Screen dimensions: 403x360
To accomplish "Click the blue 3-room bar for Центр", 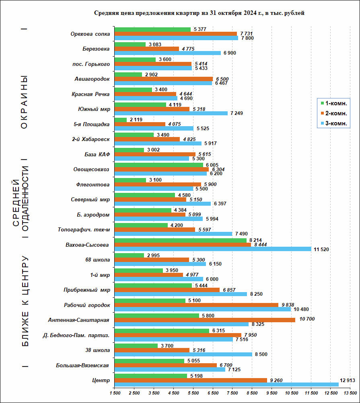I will (226, 385).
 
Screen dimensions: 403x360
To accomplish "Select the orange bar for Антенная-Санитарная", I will (205, 319).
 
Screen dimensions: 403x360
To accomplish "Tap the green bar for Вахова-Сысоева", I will (181, 240).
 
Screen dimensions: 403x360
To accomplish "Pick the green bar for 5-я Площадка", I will (121, 119).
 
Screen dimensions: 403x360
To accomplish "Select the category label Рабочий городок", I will (87, 305).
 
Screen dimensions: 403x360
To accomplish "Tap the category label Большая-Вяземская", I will (83, 365).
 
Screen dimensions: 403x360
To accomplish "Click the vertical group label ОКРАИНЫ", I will (24, 102).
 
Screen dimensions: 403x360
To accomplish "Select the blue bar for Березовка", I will (168, 53).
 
